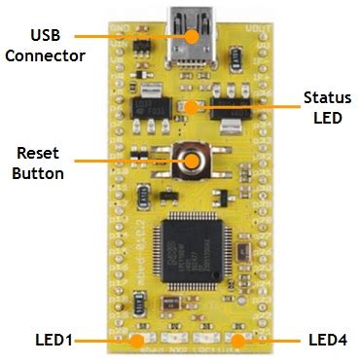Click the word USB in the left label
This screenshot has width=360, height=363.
click(43, 35)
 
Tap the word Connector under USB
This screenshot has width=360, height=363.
click(43, 54)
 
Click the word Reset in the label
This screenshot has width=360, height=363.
click(37, 154)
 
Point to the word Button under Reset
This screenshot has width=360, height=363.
click(37, 173)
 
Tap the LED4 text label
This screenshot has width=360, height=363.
click(326, 340)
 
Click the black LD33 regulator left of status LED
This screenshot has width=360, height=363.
click(149, 108)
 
